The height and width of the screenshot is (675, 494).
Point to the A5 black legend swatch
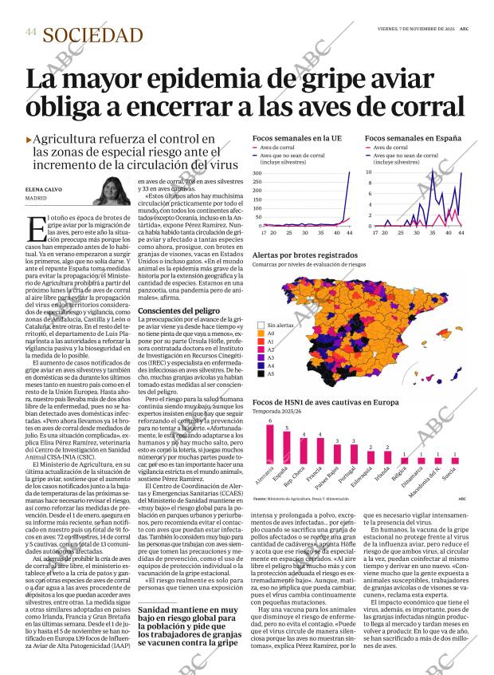[x=261, y=373]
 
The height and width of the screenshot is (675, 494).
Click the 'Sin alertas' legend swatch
[x=261, y=326]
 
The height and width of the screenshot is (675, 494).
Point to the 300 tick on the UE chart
[x=257, y=172]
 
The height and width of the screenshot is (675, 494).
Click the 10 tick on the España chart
[x=368, y=172]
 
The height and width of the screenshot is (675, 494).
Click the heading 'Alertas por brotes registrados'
[x=305, y=255]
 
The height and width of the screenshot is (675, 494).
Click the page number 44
[x=30, y=31]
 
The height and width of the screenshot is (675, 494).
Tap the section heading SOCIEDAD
[x=93, y=35]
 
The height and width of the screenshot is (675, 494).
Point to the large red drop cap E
[x=34, y=228]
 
